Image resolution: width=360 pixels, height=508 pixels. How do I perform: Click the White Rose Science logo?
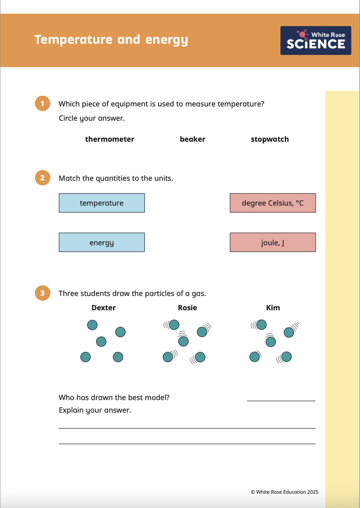click(x=316, y=40)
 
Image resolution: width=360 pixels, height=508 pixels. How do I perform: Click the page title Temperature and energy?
click(x=111, y=40)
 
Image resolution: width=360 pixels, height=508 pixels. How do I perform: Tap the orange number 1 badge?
click(x=42, y=104)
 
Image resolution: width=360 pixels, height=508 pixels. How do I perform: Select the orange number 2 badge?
click(x=42, y=178)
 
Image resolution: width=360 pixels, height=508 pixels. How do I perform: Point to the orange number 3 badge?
click(x=42, y=293)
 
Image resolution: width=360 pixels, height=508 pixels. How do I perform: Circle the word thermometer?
click(x=110, y=139)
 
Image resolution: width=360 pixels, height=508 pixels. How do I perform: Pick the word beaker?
click(x=192, y=139)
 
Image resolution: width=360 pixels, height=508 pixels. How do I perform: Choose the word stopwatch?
click(x=270, y=139)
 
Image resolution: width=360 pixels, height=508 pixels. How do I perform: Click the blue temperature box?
click(x=102, y=203)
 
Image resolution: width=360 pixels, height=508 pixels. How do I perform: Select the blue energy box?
click(x=102, y=243)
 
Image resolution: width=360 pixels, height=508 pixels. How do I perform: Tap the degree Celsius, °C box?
click(x=273, y=203)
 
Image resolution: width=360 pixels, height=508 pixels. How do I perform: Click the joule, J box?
click(x=273, y=243)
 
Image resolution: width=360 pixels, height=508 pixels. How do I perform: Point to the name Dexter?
click(x=104, y=308)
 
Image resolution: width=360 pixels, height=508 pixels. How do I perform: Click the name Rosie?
click(x=187, y=308)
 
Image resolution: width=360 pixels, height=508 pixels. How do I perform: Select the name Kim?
click(x=273, y=308)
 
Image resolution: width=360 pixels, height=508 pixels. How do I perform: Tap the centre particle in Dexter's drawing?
click(x=101, y=341)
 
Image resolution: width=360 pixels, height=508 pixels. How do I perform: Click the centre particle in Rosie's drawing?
click(x=183, y=341)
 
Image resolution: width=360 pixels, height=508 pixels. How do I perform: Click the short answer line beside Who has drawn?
click(x=281, y=400)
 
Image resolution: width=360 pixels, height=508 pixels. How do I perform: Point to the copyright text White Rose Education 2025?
click(x=284, y=492)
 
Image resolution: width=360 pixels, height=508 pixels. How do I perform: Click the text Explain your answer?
click(x=95, y=410)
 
